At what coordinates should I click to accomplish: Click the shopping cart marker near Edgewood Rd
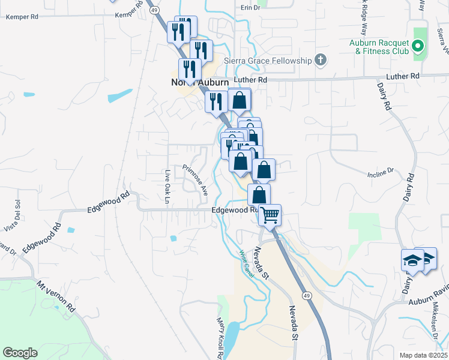270,214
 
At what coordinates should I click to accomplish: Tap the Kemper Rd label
22,17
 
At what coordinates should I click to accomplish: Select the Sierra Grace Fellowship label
268,61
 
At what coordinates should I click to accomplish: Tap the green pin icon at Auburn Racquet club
419,46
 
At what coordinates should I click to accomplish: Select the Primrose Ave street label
195,179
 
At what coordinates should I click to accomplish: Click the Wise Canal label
247,264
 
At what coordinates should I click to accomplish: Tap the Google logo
20,353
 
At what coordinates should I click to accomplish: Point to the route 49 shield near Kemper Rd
154,10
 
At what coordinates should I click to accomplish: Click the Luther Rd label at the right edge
406,76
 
